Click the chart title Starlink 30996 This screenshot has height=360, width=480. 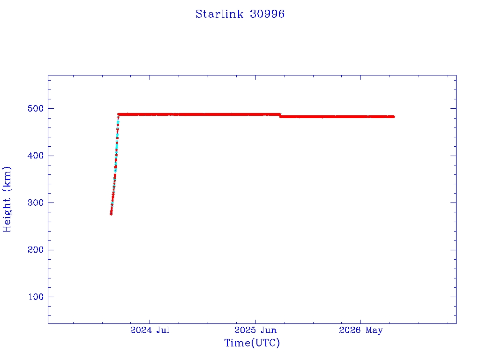pyautogui.click(x=240, y=14)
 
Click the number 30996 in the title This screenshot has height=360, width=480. pyautogui.click(x=267, y=14)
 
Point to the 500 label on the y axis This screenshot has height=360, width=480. pyautogui.click(x=36, y=108)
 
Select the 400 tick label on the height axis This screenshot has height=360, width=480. pyautogui.click(x=36, y=156)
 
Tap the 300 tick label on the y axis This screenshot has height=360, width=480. pyautogui.click(x=36, y=202)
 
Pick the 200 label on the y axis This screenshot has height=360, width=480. pyautogui.click(x=36, y=250)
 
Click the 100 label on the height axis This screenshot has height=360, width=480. pyautogui.click(x=36, y=297)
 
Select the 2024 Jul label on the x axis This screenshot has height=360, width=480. pyautogui.click(x=150, y=330)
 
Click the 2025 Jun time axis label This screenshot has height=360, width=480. pyautogui.click(x=255, y=330)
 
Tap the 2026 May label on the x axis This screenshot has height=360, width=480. pyautogui.click(x=360, y=330)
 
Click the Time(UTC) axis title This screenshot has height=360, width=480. pyautogui.click(x=252, y=343)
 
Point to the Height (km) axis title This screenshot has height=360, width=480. pyautogui.click(x=7, y=199)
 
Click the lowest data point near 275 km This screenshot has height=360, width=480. pyautogui.click(x=111, y=214)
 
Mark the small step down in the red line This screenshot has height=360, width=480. pyautogui.click(x=280, y=115)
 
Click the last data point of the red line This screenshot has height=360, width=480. pyautogui.click(x=393, y=117)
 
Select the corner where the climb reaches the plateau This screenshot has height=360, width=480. pyautogui.click(x=119, y=114)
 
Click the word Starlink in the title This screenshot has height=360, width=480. pyautogui.click(x=219, y=14)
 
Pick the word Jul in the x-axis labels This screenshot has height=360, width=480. pyautogui.click(x=163, y=330)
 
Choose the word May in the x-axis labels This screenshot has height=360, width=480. pyautogui.click(x=374, y=330)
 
